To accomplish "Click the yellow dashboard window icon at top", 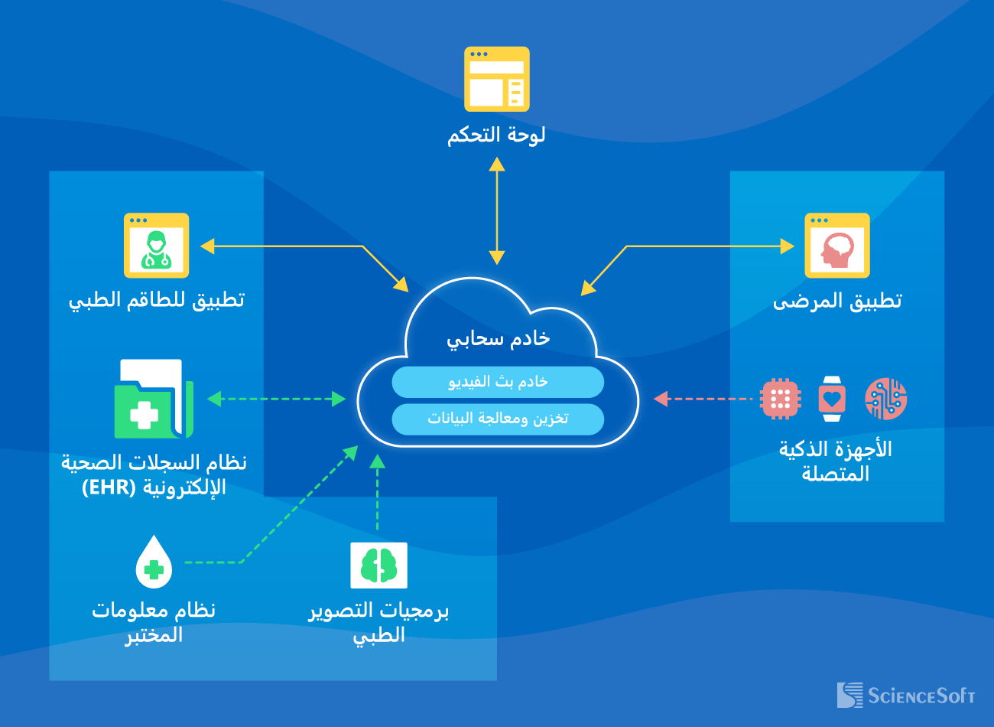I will pyautogui.click(x=497, y=79).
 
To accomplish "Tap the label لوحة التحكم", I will pyautogui.click(x=496, y=135).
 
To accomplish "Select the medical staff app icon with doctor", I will pyautogui.click(x=156, y=246).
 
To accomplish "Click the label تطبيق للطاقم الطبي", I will pyautogui.click(x=157, y=299).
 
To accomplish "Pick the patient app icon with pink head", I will pyautogui.click(x=837, y=246).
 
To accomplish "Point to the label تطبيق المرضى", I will pyautogui.click(x=837, y=301).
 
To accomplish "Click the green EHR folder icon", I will pyautogui.click(x=153, y=399).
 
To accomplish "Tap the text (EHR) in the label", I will pyautogui.click(x=109, y=487).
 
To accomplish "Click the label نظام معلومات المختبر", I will pyautogui.click(x=154, y=622).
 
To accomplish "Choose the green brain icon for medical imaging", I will pyautogui.click(x=378, y=566).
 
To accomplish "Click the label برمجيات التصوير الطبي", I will pyautogui.click(x=378, y=622).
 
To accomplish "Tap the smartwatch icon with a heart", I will pyautogui.click(x=832, y=399).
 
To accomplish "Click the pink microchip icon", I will pyautogui.click(x=780, y=399).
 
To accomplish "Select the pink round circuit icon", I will pyautogui.click(x=885, y=399).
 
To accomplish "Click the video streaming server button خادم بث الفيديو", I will pyautogui.click(x=498, y=382).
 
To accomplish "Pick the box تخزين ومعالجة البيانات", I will pyautogui.click(x=498, y=419).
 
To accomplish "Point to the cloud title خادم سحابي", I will pyautogui.click(x=498, y=338).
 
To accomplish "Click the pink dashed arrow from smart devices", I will pyautogui.click(x=703, y=399).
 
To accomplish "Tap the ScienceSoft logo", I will pyautogui.click(x=905, y=696).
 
